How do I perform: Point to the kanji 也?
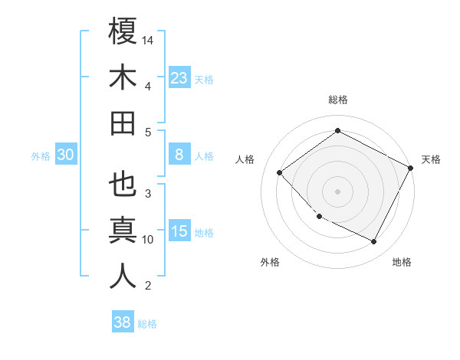(123, 185)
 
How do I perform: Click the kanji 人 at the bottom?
(123, 277)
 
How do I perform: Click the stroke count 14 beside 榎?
(148, 39)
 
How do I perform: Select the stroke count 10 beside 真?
(148, 239)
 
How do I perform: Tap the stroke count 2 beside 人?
(147, 286)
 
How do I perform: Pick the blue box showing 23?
(179, 78)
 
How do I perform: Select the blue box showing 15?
(179, 232)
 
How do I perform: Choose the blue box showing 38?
(123, 323)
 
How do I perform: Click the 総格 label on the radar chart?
(338, 100)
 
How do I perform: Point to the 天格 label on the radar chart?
(431, 159)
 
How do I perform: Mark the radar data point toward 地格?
(374, 242)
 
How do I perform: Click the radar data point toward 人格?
(280, 172)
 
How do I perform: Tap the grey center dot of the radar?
(338, 191)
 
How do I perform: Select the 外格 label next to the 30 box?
(41, 156)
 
